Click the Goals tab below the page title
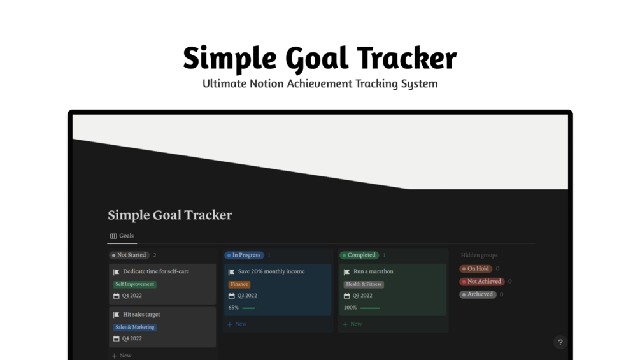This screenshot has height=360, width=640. [x=122, y=236]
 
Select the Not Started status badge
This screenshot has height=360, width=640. [x=129, y=255]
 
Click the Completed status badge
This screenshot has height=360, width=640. [x=359, y=255]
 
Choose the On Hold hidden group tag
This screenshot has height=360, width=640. [x=476, y=269]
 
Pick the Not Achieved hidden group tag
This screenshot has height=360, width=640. [x=482, y=282]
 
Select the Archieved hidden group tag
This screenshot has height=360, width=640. [x=478, y=294]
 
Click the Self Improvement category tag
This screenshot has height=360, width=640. [x=135, y=284]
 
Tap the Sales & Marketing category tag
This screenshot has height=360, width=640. [x=135, y=327]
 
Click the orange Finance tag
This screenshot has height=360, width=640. [x=239, y=284]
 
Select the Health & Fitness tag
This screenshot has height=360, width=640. [x=364, y=284]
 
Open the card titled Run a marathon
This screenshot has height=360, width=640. [x=373, y=271]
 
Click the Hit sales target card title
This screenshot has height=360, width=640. [x=141, y=314]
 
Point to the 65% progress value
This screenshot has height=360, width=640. [x=234, y=308]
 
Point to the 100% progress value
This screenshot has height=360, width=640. [x=350, y=308]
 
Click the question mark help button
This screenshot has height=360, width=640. [x=560, y=342]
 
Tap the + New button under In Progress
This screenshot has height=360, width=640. [x=237, y=324]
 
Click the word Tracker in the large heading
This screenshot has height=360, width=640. [x=406, y=59]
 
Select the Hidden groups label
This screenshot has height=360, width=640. [x=479, y=255]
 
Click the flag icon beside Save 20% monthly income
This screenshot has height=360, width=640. [x=232, y=272]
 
